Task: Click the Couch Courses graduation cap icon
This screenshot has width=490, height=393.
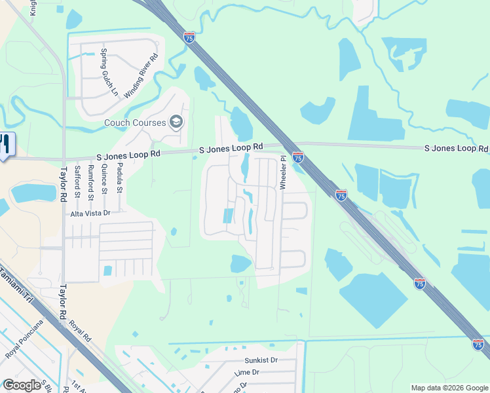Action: (x=176, y=121)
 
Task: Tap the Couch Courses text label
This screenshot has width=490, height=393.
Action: (x=136, y=122)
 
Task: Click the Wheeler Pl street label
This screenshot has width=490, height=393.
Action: (x=284, y=172)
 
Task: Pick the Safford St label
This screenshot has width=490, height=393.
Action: (x=78, y=181)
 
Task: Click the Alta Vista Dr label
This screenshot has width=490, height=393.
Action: (x=92, y=213)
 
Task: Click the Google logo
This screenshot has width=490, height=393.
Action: (x=22, y=385)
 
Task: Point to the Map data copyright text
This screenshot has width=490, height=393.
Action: (x=449, y=388)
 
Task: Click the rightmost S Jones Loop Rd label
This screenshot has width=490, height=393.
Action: (x=455, y=149)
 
